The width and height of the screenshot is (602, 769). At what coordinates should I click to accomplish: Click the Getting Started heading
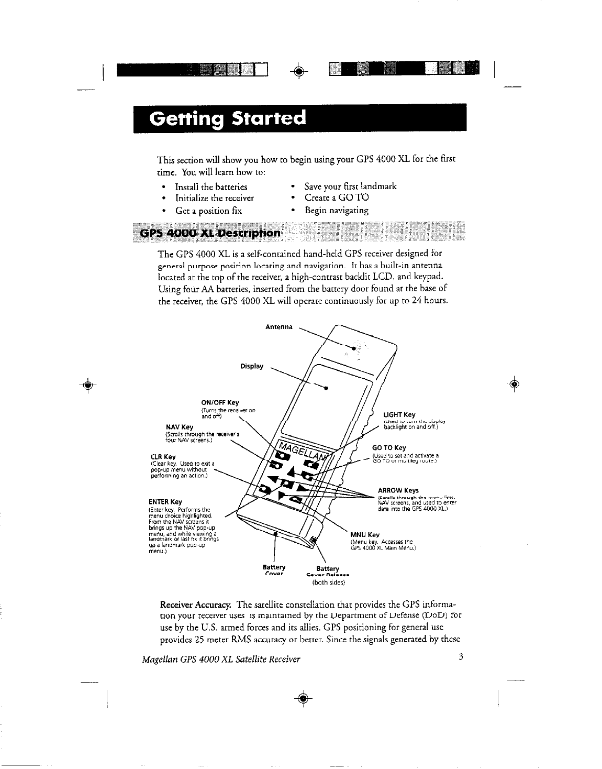227,118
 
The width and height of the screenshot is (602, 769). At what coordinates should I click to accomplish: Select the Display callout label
252,366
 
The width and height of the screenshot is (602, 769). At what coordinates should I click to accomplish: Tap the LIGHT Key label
399,415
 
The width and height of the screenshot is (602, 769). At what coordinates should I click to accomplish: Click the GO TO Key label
388,448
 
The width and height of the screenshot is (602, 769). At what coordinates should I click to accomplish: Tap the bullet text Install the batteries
211,187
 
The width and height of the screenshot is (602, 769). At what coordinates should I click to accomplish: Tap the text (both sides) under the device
327,581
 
